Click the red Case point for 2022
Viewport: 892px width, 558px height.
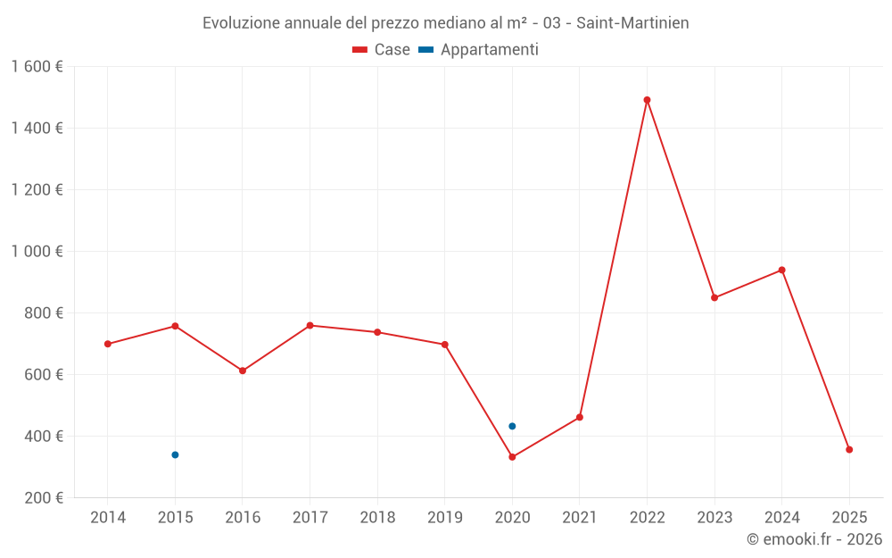click(647, 100)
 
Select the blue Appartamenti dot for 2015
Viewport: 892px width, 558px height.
click(175, 455)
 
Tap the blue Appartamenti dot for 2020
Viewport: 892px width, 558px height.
click(512, 426)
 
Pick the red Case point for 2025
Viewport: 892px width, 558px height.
click(849, 450)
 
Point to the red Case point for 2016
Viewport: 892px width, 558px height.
click(243, 371)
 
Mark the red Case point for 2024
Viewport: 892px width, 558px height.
click(781, 270)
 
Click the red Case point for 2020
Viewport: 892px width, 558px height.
click(512, 457)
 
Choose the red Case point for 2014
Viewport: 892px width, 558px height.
click(108, 344)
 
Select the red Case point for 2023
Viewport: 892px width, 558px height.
click(714, 297)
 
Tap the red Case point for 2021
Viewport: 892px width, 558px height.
click(580, 417)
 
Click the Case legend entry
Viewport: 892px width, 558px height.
click(382, 50)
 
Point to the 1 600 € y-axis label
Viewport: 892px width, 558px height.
click(37, 67)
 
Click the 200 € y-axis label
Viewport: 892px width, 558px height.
click(45, 498)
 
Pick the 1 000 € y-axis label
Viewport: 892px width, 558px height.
click(37, 252)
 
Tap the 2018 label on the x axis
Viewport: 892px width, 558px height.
click(377, 518)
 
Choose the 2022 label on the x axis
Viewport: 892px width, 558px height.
click(647, 518)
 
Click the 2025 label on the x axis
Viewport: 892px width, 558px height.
click(849, 518)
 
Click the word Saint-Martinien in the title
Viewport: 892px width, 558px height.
click(632, 23)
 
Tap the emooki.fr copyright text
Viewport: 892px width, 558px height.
click(814, 539)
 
